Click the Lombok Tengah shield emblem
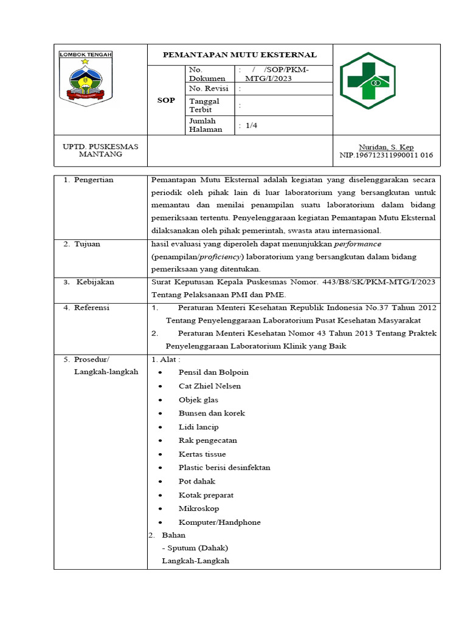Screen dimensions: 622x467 (85, 78)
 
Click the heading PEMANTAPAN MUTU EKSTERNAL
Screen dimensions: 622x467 (240, 55)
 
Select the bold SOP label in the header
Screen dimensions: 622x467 (167, 100)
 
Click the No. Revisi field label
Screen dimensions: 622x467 (208, 89)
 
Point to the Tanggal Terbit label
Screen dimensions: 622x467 (204, 105)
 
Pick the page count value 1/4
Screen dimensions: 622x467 (248, 125)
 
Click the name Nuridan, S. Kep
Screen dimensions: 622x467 (386, 147)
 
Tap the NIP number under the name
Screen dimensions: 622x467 (386, 155)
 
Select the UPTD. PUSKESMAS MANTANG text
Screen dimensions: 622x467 (101, 151)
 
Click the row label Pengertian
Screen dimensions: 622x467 (94, 180)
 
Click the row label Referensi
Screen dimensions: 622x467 (91, 307)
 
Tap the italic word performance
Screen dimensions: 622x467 (358, 244)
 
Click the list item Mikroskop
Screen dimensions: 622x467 (199, 508)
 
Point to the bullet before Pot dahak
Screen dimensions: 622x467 (160, 482)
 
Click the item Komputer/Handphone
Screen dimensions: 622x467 (220, 522)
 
